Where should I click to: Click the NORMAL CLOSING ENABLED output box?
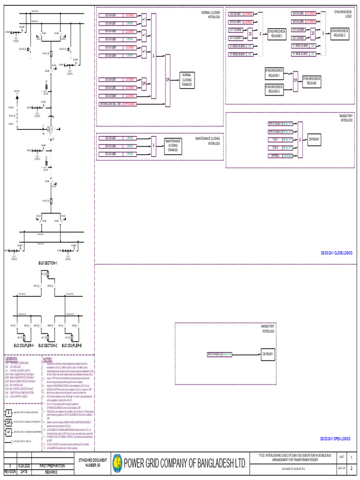(187, 80)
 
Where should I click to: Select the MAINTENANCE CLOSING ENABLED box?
(172, 145)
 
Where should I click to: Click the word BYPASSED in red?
(130, 104)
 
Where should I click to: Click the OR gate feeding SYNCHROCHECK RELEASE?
(295, 80)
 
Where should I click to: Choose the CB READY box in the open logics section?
(267, 354)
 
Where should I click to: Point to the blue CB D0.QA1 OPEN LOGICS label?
(336, 439)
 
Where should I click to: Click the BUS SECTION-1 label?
(48, 263)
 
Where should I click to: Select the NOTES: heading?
(48, 359)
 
